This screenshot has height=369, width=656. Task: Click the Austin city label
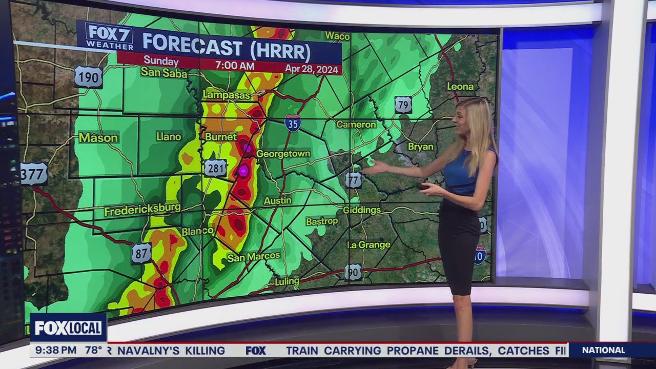coord(277,201)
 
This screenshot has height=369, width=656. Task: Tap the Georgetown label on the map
coord(283,154)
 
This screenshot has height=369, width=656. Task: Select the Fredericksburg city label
coord(142,210)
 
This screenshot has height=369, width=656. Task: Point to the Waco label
coord(337,36)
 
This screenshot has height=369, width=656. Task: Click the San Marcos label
coord(254,256)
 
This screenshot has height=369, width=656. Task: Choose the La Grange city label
coord(369,245)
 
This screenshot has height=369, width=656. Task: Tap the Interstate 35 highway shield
coord(293,124)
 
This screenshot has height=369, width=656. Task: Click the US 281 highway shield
coord(215,168)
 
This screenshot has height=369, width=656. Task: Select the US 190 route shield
coord(88,77)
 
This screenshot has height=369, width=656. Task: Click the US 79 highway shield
coord(403,105)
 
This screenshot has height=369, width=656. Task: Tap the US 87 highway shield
coord(141,254)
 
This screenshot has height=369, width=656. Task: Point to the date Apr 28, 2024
coord(312,68)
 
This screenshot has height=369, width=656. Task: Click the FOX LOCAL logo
coord(68,328)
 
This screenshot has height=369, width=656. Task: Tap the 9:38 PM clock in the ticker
coord(53,351)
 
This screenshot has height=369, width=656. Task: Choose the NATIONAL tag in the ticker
coord(603,351)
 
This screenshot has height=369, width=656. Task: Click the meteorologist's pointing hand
coord(376,167)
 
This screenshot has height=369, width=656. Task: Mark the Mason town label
coord(98,138)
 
